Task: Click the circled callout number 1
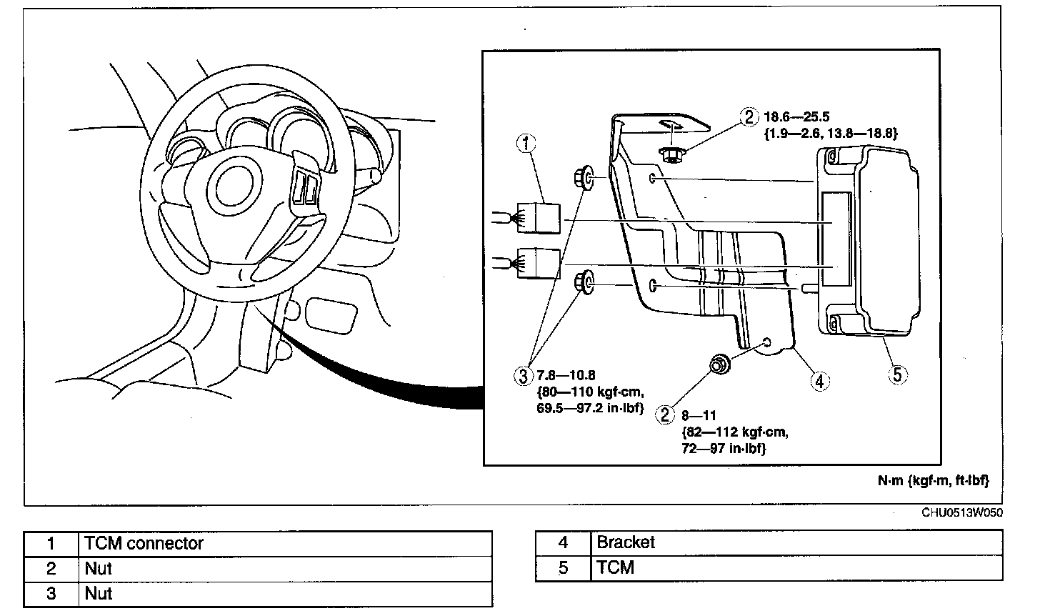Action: [525, 144]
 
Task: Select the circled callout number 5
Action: [898, 373]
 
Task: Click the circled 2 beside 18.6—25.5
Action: [748, 117]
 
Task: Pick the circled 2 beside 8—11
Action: [666, 414]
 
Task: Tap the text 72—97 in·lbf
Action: [724, 448]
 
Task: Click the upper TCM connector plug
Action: [538, 217]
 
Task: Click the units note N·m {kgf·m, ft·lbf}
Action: [933, 481]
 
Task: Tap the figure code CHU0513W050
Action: [961, 512]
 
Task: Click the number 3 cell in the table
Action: [51, 594]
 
